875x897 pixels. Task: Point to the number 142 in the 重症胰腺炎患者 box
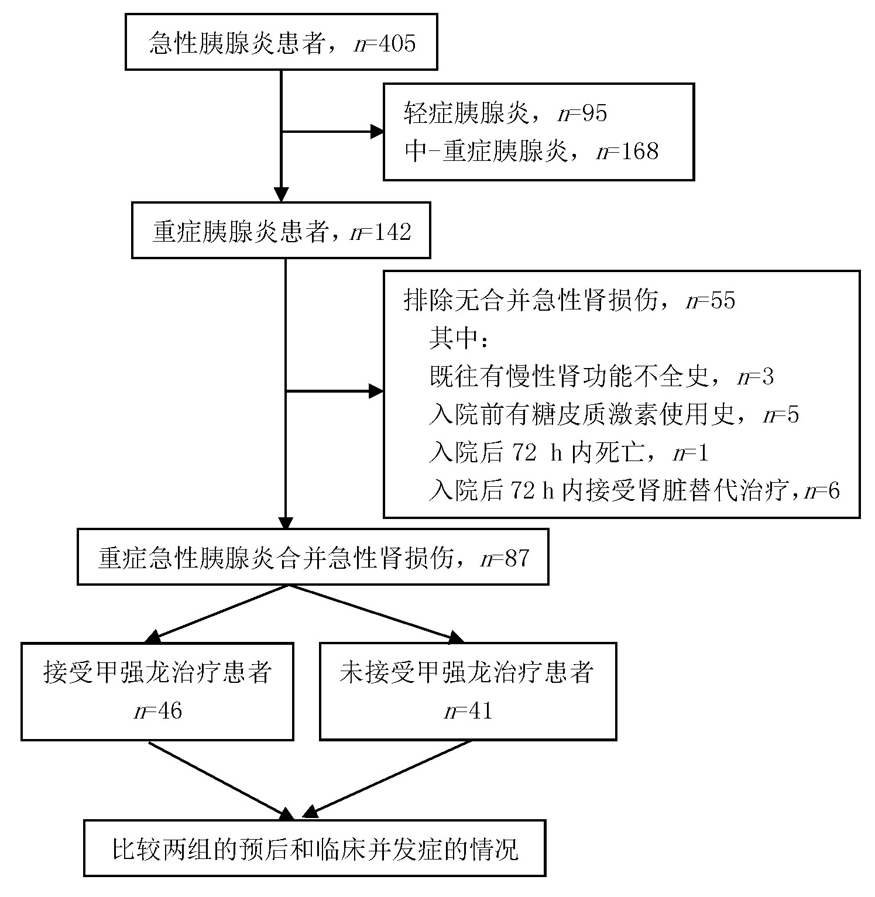393,232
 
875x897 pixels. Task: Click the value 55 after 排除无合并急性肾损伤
722,301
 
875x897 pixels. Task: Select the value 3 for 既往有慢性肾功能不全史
767,377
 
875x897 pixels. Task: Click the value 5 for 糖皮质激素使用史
793,415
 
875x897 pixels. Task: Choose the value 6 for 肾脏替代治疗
833,490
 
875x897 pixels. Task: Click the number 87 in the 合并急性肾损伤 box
517,558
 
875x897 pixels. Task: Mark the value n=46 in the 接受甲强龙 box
158,712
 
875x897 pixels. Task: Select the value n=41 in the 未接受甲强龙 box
468,712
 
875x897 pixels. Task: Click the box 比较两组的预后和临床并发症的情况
314,848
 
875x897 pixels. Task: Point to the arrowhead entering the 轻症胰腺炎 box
377,132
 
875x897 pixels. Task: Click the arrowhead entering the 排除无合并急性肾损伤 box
376,391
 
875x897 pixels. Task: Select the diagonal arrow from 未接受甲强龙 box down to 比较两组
389,778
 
